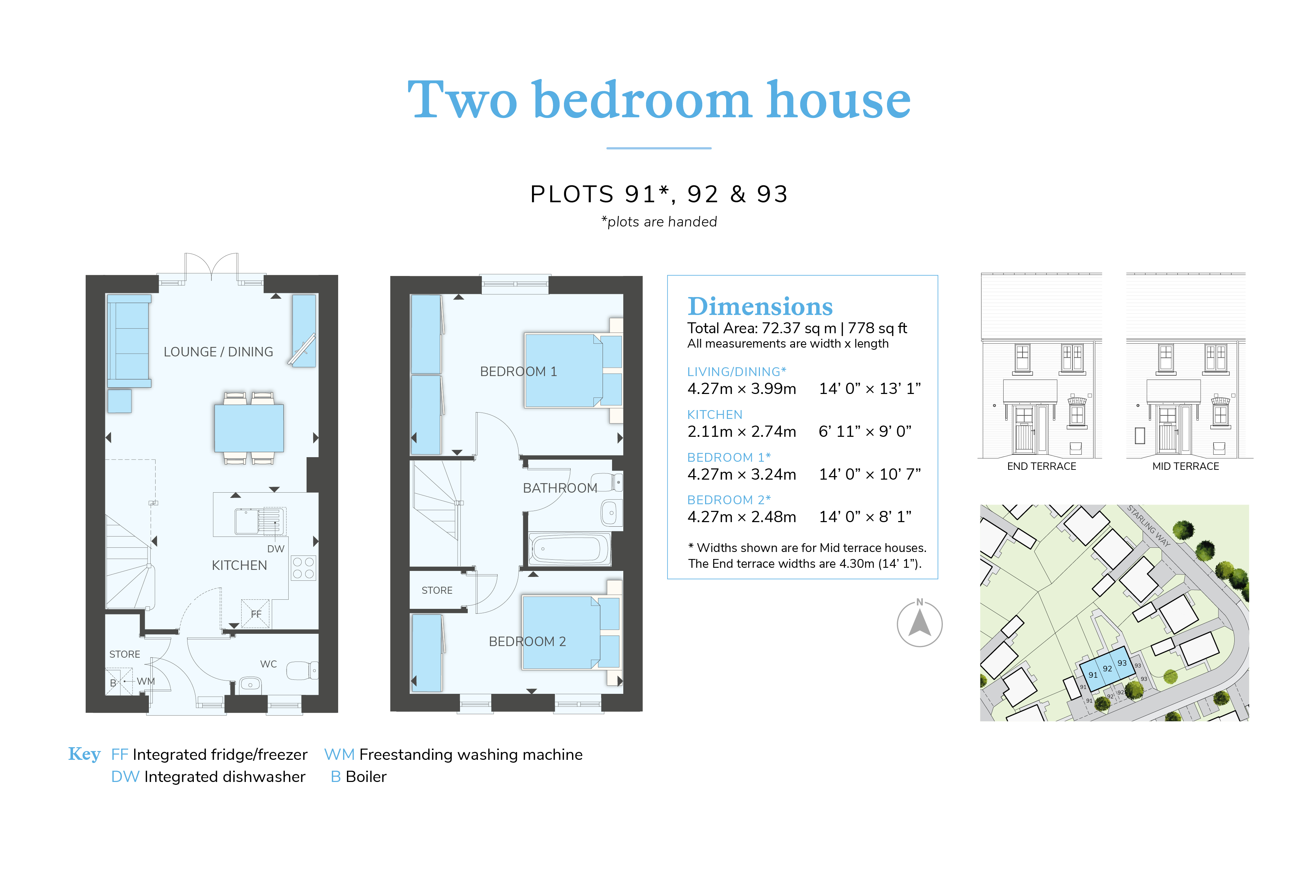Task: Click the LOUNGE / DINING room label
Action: (218, 352)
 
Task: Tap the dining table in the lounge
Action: (249, 428)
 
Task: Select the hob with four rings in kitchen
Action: (303, 567)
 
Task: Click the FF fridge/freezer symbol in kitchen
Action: (256, 614)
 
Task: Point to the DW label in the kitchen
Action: (276, 548)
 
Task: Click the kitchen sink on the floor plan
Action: (260, 521)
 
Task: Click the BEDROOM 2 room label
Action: (527, 642)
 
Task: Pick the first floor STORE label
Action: (437, 590)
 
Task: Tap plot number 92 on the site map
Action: (1107, 669)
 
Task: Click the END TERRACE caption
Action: (1041, 467)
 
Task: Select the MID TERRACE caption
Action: (1186, 467)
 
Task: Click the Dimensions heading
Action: (760, 307)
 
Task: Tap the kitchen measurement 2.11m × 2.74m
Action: (742, 432)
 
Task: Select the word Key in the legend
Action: (84, 754)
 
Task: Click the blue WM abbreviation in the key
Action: (339, 755)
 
